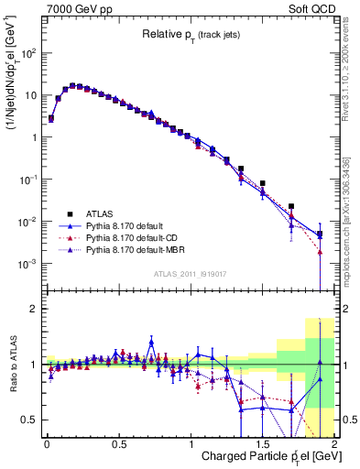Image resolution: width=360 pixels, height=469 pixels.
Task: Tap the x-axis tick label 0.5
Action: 117,443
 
